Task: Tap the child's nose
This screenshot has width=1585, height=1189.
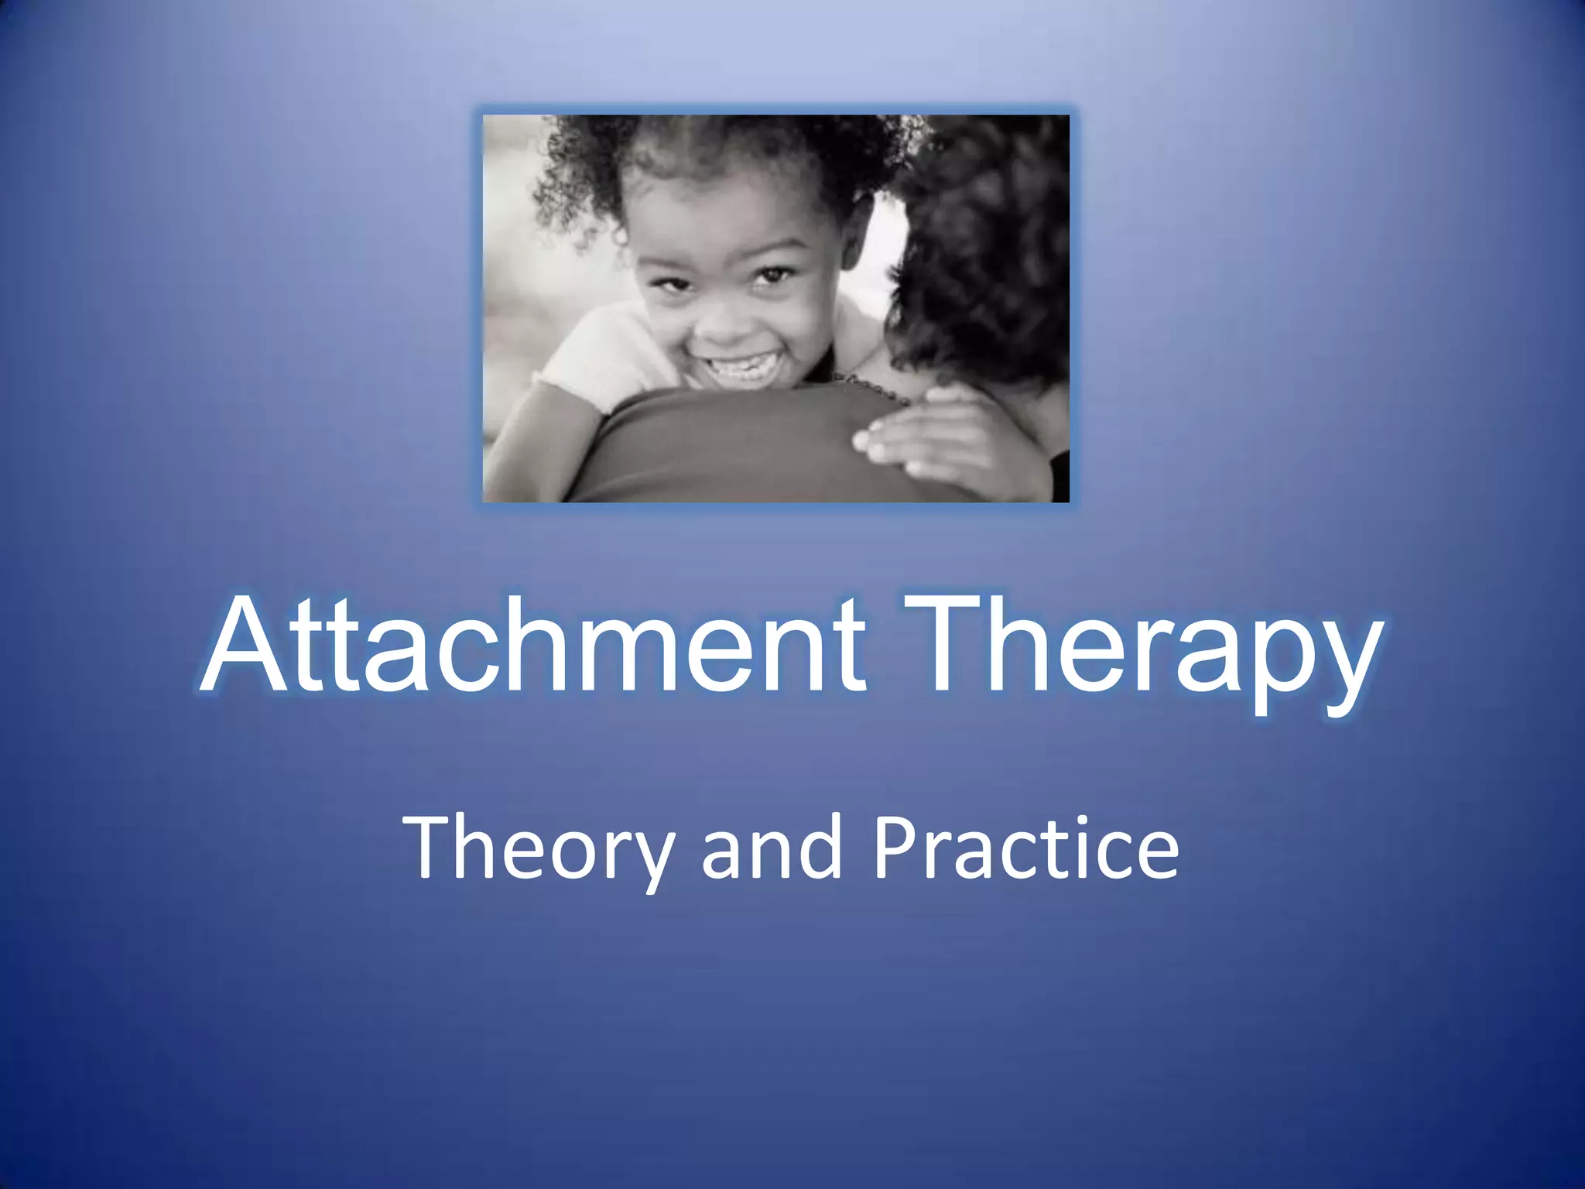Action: [724, 317]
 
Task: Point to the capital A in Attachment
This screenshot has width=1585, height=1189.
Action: [246, 644]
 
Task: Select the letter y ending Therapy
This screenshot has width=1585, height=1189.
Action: [1343, 662]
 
